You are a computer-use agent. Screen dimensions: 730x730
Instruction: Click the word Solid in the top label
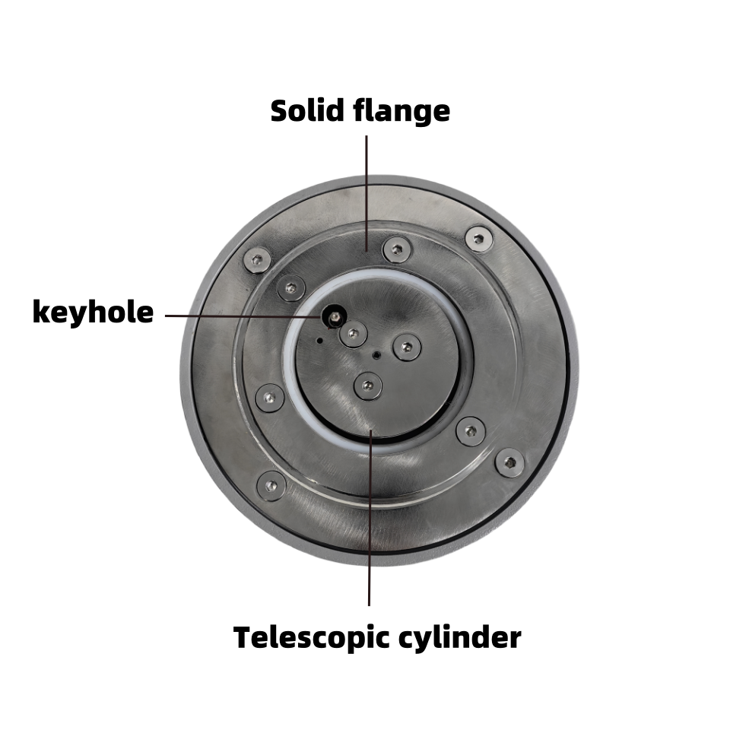tap(307, 111)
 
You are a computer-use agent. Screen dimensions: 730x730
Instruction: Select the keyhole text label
tap(93, 313)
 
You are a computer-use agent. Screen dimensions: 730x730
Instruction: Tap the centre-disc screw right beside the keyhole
tap(353, 334)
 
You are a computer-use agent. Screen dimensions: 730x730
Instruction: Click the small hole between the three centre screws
tap(376, 355)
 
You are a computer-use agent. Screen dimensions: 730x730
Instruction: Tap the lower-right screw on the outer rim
tap(509, 462)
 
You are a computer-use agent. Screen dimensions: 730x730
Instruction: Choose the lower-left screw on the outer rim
tap(271, 485)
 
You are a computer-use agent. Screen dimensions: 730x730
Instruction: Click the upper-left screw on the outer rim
tap(257, 261)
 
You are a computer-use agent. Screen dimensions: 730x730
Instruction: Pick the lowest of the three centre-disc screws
tap(368, 386)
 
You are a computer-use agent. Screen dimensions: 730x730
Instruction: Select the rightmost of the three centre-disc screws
tap(407, 348)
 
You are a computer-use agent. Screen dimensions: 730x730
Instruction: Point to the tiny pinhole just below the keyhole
tap(320, 341)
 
